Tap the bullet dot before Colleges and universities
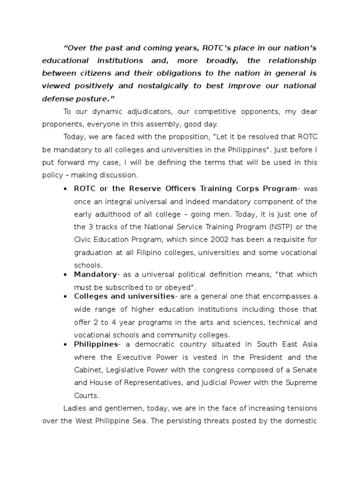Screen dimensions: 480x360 click(64, 297)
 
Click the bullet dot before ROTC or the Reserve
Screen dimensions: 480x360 click(64, 189)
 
